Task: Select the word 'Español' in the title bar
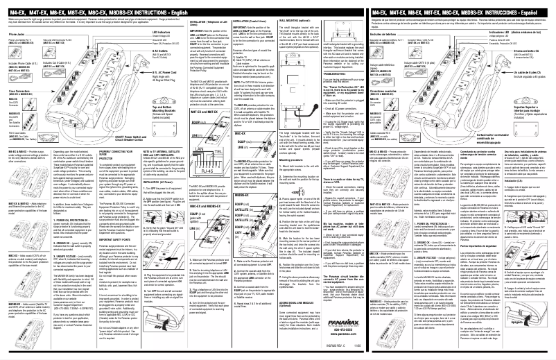pyautogui.click(x=534, y=13)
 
